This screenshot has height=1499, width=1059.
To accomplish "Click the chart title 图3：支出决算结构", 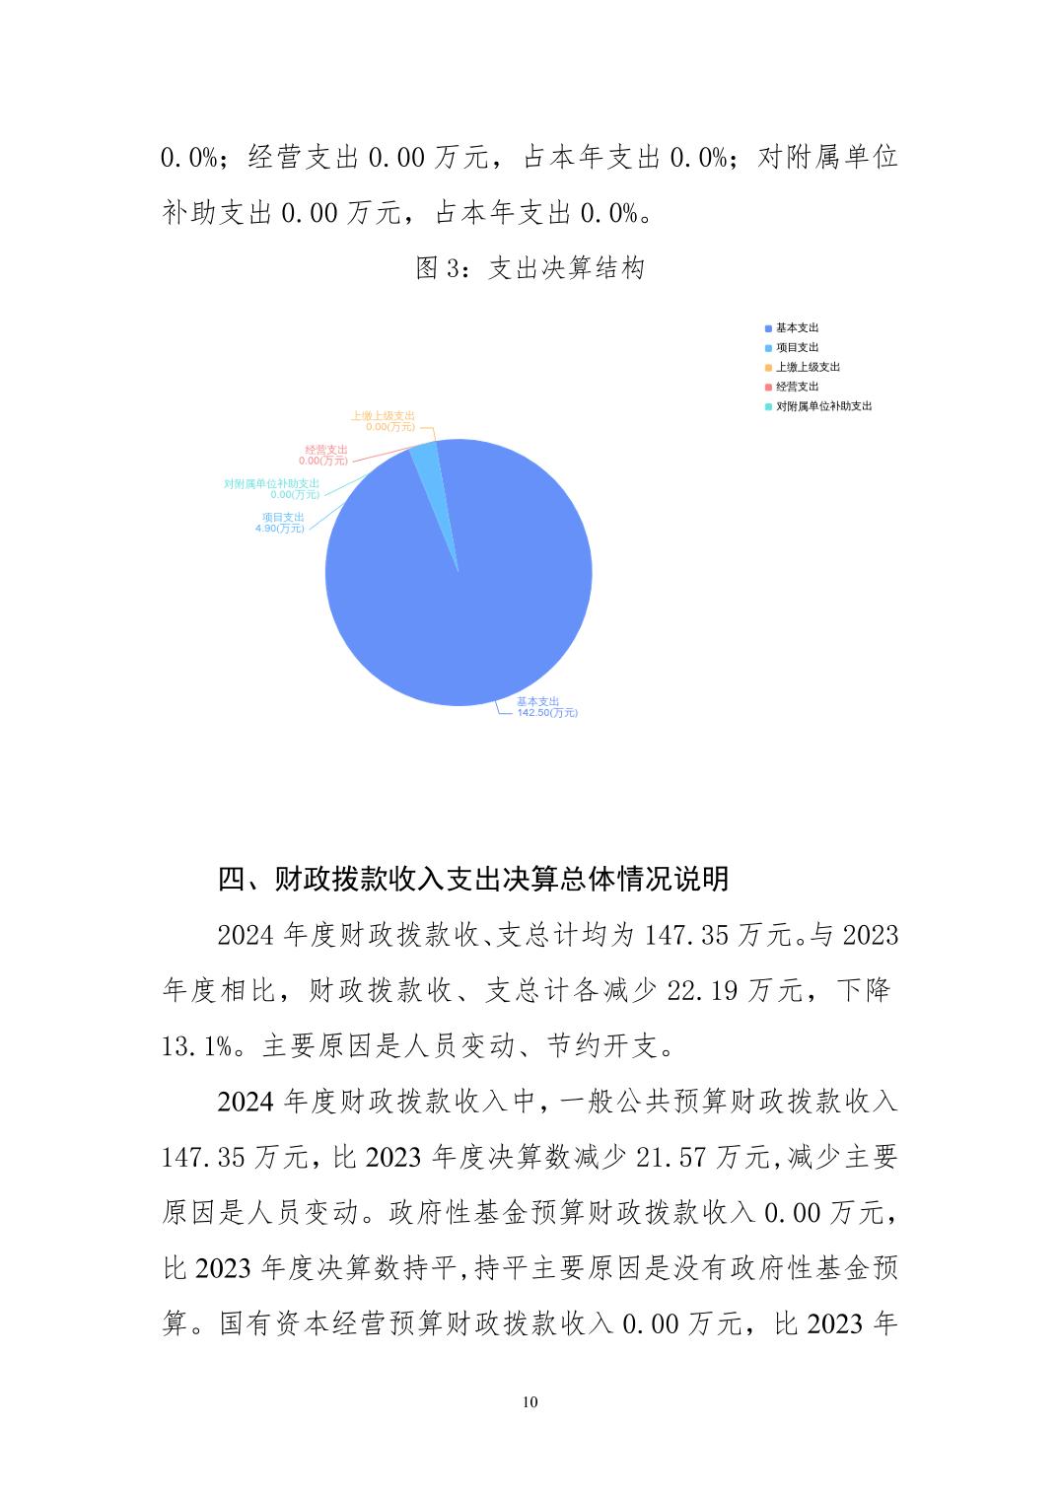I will coord(529,268).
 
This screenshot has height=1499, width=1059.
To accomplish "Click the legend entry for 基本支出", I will coord(797,327).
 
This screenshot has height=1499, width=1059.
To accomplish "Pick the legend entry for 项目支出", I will coord(797,347).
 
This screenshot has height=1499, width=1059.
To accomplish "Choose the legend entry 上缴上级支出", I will coord(808,367).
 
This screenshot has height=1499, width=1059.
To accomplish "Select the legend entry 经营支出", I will coord(797,387).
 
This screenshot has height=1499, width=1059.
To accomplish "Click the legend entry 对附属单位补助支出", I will coord(823,406).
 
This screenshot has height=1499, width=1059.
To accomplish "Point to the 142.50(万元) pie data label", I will coord(547,712).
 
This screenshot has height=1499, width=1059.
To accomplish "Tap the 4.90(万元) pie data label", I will coord(280,529).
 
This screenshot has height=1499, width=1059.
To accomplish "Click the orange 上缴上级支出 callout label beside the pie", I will coord(384,421).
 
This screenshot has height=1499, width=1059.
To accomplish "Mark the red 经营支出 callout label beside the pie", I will coord(324,455).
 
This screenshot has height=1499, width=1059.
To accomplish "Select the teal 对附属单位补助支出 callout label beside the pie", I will coord(272,488).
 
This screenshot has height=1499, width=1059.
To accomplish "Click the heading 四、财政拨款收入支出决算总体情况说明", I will coord(473,878).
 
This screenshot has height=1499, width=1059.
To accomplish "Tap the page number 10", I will coord(530,1402).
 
